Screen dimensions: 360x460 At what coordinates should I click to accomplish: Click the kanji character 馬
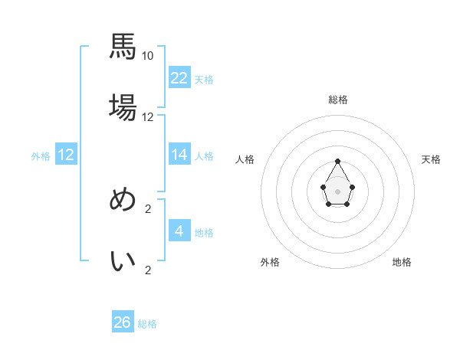pyautogui.click(x=123, y=47)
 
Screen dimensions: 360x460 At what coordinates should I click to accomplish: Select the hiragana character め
pyautogui.click(x=123, y=199)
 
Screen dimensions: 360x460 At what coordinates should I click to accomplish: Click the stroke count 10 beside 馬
pyautogui.click(x=148, y=56)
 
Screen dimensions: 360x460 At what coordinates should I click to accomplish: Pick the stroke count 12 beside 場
pyautogui.click(x=148, y=117)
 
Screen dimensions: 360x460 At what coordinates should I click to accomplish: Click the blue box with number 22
pyautogui.click(x=179, y=78)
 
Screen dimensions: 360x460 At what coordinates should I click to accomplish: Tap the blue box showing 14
pyautogui.click(x=179, y=155)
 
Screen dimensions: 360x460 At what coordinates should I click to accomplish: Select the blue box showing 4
pyautogui.click(x=179, y=231)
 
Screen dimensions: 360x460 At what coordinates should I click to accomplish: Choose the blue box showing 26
pyautogui.click(x=123, y=322)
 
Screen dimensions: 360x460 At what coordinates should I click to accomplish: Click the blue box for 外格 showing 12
pyautogui.click(x=66, y=155)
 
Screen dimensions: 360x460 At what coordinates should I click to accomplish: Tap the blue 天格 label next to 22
pyautogui.click(x=204, y=80)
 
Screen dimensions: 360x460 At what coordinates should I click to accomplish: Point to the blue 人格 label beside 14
pyautogui.click(x=204, y=156)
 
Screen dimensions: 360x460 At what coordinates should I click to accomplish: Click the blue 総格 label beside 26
pyautogui.click(x=147, y=324)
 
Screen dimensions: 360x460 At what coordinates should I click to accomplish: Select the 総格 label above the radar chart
pyautogui.click(x=338, y=100)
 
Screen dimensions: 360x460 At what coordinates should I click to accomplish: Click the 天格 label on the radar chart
pyautogui.click(x=431, y=159)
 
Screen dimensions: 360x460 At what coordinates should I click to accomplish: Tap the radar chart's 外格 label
pyautogui.click(x=270, y=262)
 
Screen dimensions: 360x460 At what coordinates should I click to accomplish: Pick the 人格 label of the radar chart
pyautogui.click(x=245, y=159)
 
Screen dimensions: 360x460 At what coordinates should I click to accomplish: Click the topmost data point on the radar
pyautogui.click(x=338, y=161)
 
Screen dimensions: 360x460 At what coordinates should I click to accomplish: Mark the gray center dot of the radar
pyautogui.click(x=338, y=191)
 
